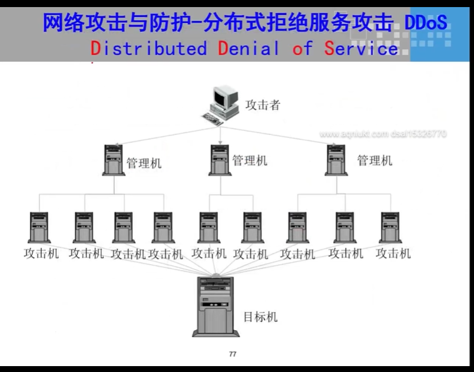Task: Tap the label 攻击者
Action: (x=263, y=106)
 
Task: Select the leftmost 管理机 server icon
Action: (x=113, y=160)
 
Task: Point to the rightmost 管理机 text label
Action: (x=374, y=160)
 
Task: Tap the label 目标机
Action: (x=260, y=317)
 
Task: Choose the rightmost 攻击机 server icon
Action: (x=391, y=228)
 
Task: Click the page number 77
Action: (x=232, y=354)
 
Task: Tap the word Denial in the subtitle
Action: (x=248, y=48)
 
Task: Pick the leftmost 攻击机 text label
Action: (x=41, y=254)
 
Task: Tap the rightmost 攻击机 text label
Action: (x=393, y=254)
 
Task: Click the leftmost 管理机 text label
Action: (x=144, y=162)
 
